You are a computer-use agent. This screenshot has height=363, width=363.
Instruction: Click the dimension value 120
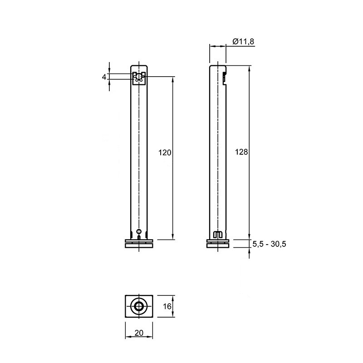tap(165, 153)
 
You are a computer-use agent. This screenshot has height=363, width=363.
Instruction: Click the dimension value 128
tap(241, 152)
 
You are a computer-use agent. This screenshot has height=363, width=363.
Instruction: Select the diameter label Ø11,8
tap(243, 41)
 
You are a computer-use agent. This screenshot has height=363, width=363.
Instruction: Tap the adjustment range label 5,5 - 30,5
tap(269, 244)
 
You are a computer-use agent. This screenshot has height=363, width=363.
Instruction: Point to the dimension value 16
tap(167, 307)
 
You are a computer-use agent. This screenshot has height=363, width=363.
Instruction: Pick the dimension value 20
tap(139, 333)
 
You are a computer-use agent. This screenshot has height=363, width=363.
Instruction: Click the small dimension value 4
tap(104, 77)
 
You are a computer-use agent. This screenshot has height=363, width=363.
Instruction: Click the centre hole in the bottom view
tap(139, 307)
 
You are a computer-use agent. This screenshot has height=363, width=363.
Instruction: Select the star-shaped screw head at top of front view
tap(139, 77)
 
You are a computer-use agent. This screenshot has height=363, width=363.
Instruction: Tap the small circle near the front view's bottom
tap(139, 231)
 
